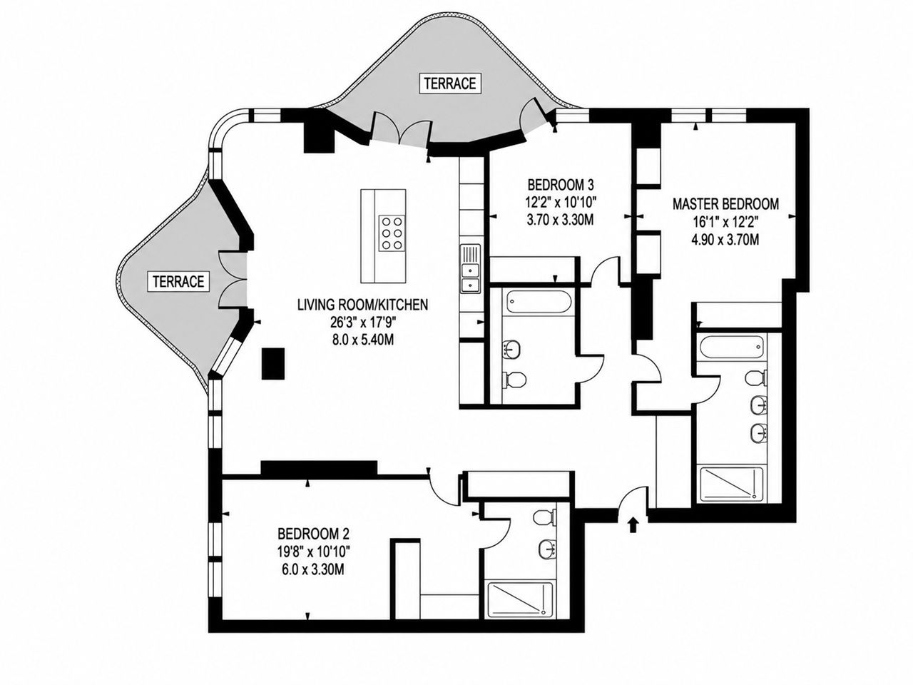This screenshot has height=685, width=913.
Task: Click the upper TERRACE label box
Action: click(x=450, y=83)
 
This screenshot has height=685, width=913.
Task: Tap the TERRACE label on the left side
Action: click(x=178, y=282)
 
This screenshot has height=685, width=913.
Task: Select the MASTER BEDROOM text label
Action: click(x=725, y=204)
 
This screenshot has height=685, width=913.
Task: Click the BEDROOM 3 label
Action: click(x=560, y=184)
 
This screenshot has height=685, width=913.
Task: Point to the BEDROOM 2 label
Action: click(x=314, y=533)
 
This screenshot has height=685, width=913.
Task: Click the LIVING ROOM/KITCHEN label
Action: click(x=362, y=305)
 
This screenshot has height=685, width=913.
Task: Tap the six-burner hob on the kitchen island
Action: click(x=392, y=233)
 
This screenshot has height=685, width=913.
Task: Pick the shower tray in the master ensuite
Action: click(x=732, y=484)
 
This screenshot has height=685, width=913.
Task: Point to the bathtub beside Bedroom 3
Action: click(x=539, y=303)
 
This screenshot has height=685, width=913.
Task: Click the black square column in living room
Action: click(x=273, y=363)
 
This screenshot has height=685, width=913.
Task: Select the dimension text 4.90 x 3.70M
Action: click(x=725, y=240)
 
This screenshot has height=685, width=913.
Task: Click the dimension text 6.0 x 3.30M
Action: click(x=313, y=569)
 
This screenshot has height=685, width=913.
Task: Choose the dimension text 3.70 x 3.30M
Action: click(x=560, y=220)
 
